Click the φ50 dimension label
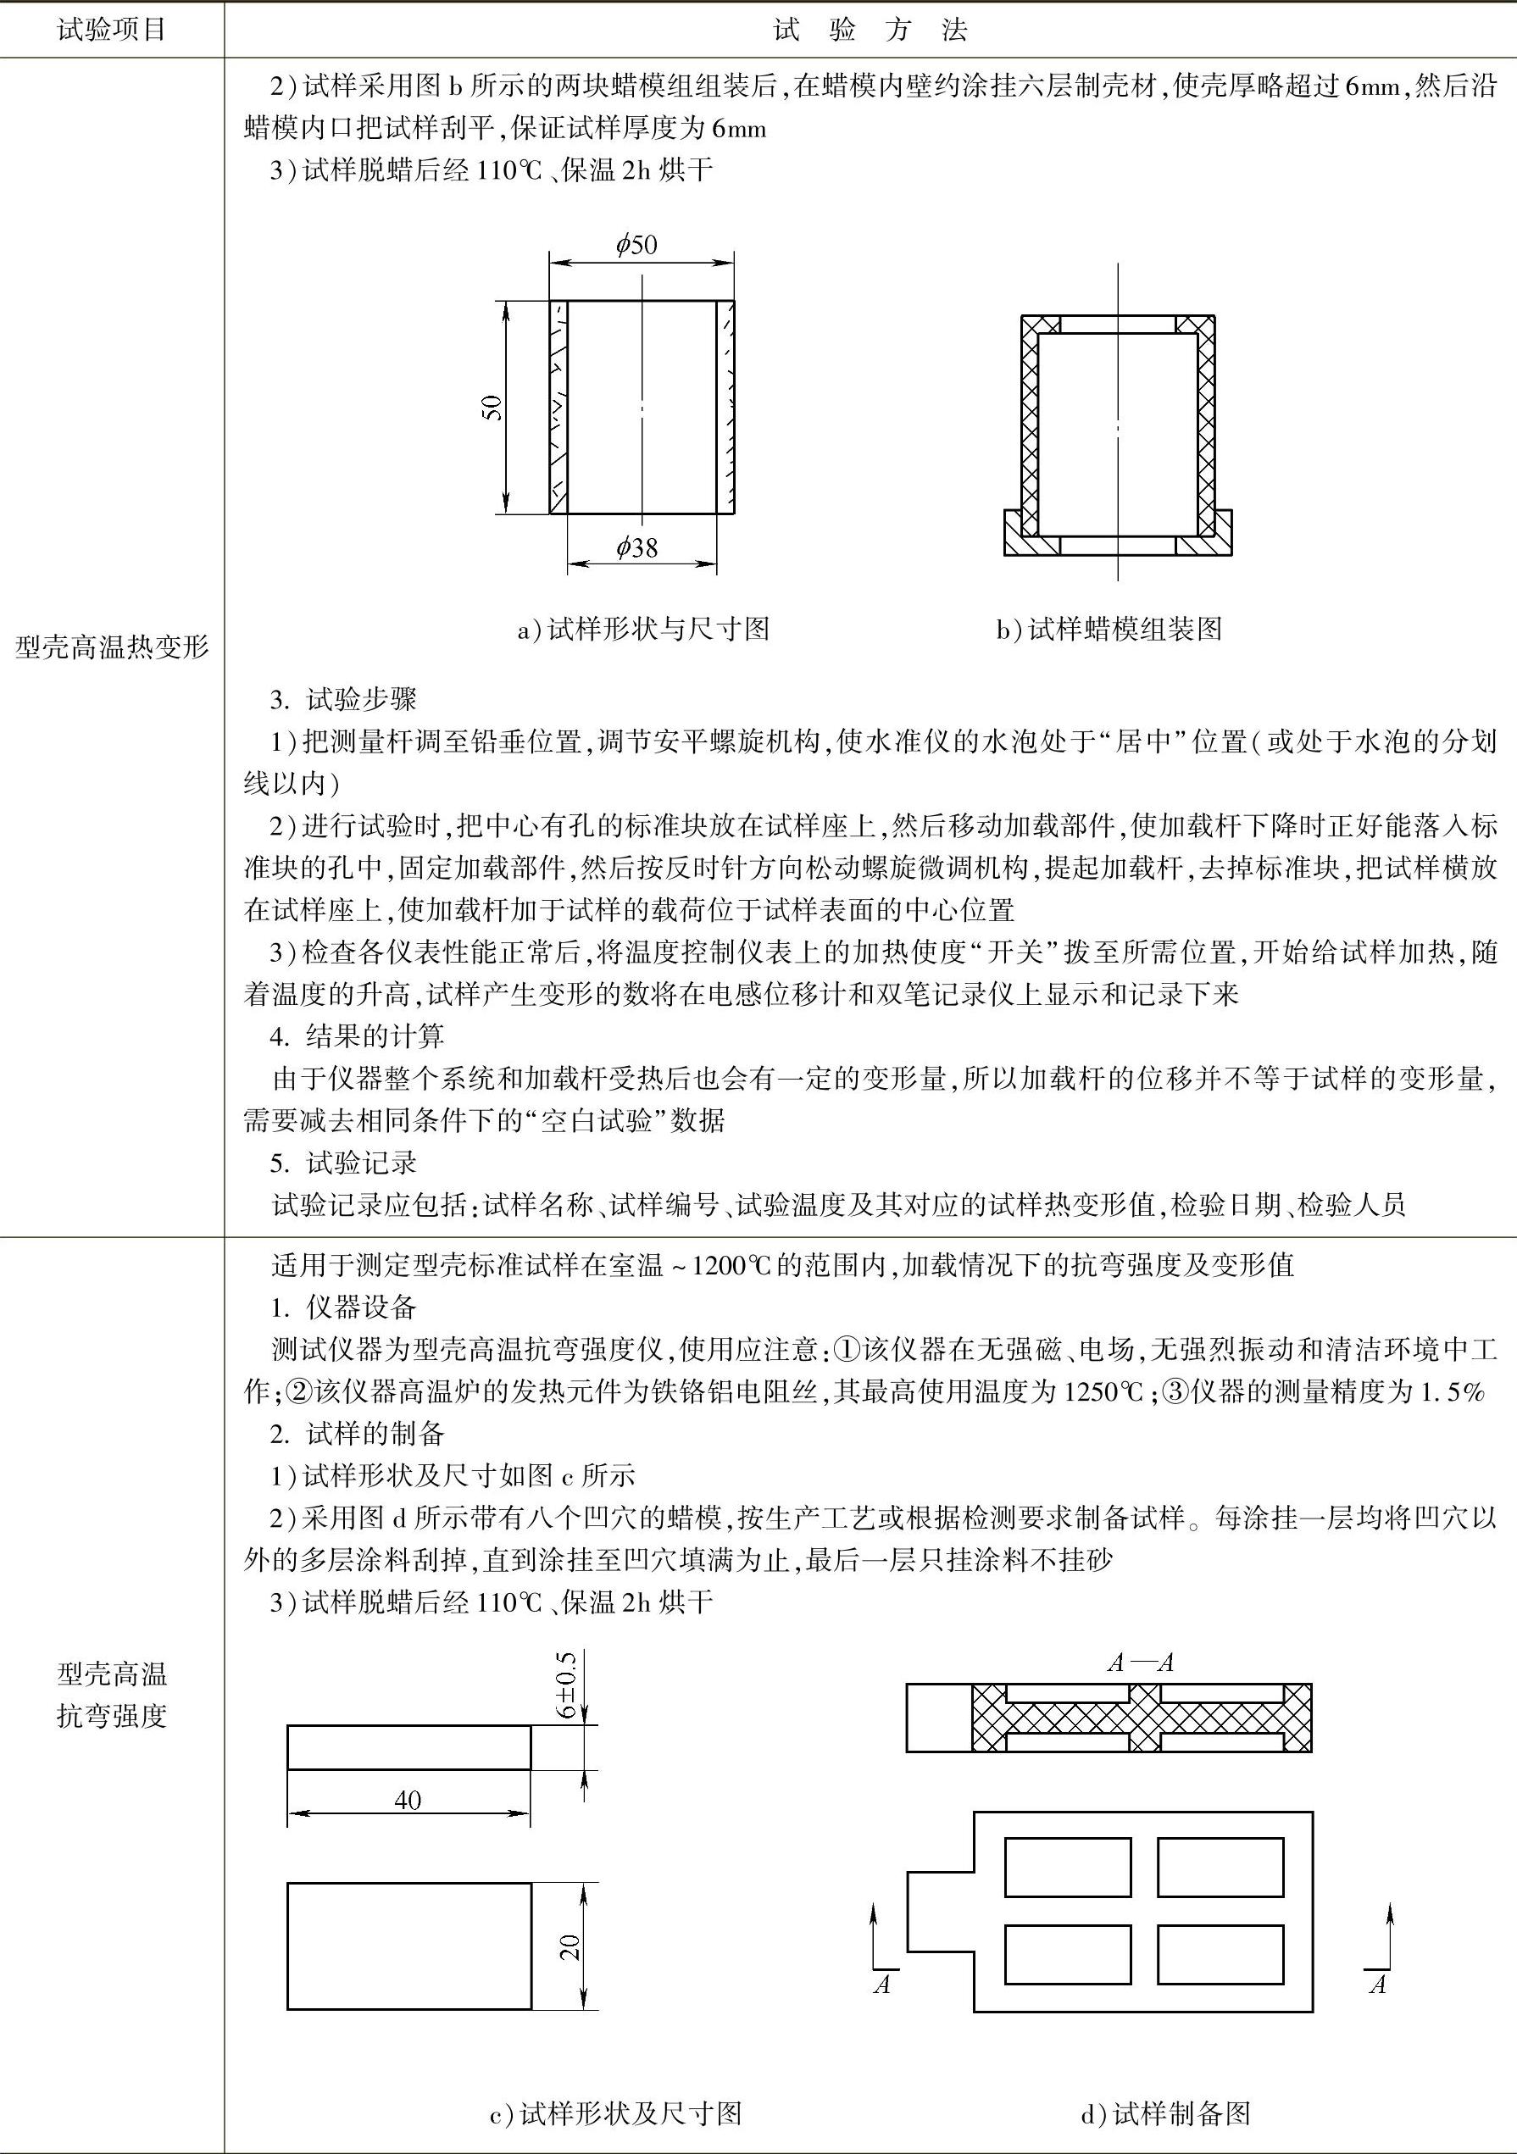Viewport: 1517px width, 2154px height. point(637,246)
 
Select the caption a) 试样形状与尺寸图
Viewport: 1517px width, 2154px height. point(643,629)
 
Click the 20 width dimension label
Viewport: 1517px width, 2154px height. point(570,1946)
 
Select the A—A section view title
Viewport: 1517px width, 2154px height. point(1141,1663)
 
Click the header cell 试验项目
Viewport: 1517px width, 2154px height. point(112,30)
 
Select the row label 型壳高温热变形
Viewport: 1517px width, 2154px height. point(112,647)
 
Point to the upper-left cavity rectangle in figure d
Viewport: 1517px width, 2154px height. point(1068,1867)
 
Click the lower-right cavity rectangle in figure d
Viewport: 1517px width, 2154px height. point(1220,1954)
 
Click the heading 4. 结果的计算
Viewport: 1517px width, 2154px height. point(358,1036)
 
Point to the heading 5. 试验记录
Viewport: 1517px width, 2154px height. point(343,1163)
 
